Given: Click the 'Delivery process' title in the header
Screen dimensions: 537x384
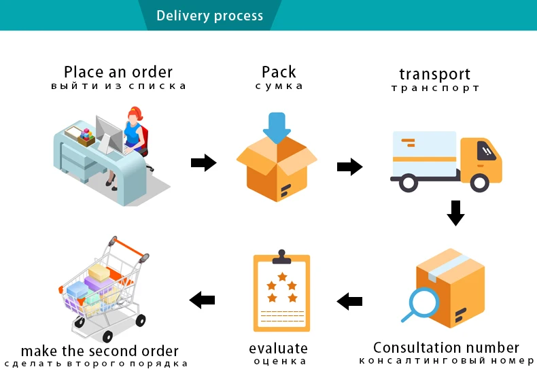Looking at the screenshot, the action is [209, 16].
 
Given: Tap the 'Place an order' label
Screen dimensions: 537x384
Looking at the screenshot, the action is [118, 72].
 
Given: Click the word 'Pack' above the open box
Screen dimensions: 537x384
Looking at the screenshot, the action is [279, 72].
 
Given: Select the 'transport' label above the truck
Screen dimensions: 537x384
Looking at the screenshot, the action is [434, 74].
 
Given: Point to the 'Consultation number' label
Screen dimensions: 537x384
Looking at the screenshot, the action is [446, 347].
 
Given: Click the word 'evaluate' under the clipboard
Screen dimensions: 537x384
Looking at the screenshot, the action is [278, 349].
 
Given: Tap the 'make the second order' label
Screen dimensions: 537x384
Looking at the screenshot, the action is [100, 351].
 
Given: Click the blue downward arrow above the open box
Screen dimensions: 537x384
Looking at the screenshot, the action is [277, 127].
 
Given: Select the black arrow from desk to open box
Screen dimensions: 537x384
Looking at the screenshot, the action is [204, 162].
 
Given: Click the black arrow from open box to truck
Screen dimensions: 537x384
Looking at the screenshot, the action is [349, 167].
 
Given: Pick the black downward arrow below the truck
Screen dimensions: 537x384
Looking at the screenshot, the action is [455, 213].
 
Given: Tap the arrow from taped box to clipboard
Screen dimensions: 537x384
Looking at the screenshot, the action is [349, 302].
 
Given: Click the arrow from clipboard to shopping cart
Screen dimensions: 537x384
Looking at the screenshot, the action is [202, 300].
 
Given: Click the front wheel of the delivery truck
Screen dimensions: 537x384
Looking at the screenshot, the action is [479, 183].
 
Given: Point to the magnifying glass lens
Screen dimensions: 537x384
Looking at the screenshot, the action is [425, 302].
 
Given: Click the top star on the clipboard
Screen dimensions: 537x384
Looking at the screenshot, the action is [282, 277].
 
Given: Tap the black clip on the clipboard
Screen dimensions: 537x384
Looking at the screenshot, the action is [281, 257].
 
